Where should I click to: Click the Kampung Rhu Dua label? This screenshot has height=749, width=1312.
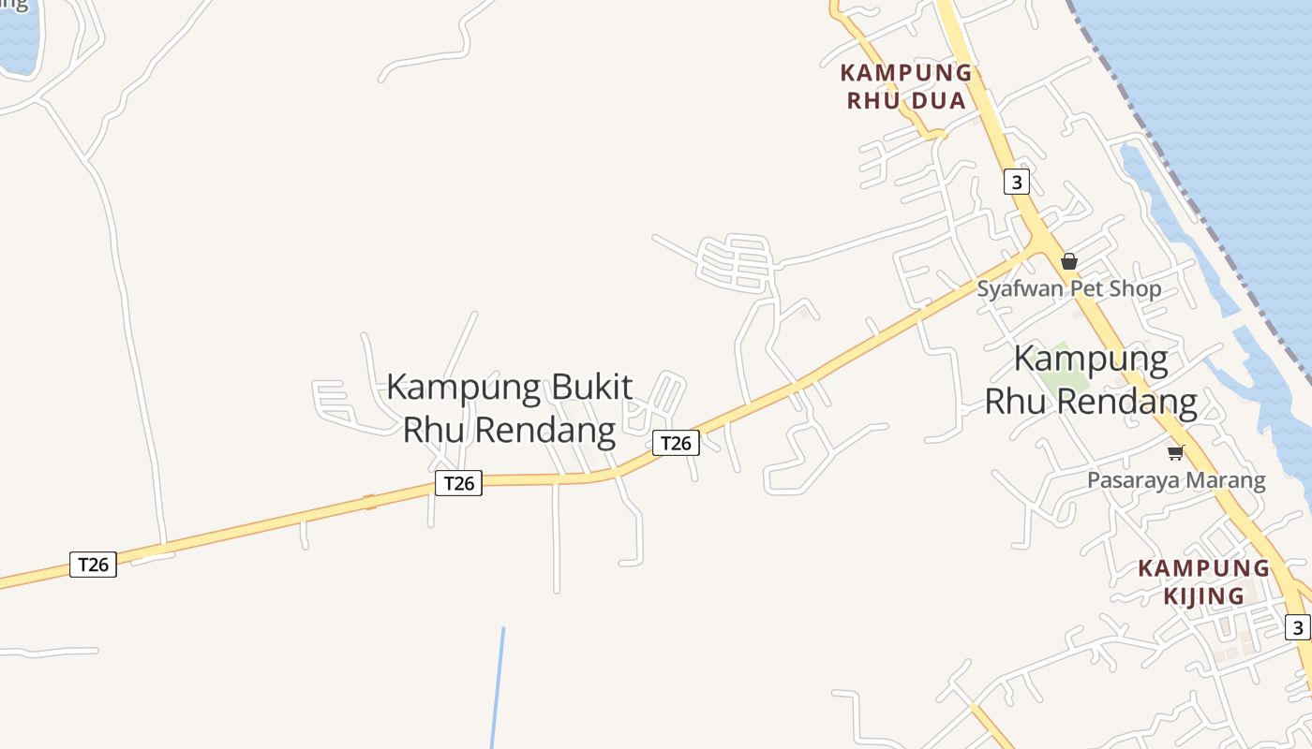pyautogui.click(x=906, y=86)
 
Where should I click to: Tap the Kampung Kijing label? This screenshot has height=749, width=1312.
pyautogui.click(x=1203, y=581)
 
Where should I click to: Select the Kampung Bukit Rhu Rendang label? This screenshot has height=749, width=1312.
pyautogui.click(x=509, y=408)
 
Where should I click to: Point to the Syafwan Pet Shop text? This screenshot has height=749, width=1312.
pyautogui.click(x=1068, y=288)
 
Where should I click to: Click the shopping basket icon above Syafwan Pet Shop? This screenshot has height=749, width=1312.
pyautogui.click(x=1068, y=261)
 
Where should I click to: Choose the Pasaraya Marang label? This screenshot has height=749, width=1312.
pyautogui.click(x=1175, y=481)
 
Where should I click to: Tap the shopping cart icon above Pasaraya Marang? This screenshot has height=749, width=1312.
pyautogui.click(x=1175, y=453)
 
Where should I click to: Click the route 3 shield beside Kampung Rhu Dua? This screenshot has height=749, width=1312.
pyautogui.click(x=1016, y=181)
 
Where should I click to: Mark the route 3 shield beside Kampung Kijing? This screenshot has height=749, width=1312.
pyautogui.click(x=1296, y=627)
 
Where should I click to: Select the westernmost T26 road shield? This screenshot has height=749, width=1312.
pyautogui.click(x=93, y=565)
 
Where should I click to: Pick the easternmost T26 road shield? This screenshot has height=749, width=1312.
pyautogui.click(x=676, y=443)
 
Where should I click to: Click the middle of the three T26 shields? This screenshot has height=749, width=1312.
pyautogui.click(x=458, y=483)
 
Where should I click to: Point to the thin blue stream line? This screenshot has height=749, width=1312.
pyautogui.click(x=498, y=688)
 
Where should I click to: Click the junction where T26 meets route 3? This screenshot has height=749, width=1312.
pyautogui.click(x=1037, y=244)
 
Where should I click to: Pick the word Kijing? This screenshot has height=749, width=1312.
pyautogui.click(x=1203, y=595)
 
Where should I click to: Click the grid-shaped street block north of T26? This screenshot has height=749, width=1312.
pyautogui.click(x=736, y=259)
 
